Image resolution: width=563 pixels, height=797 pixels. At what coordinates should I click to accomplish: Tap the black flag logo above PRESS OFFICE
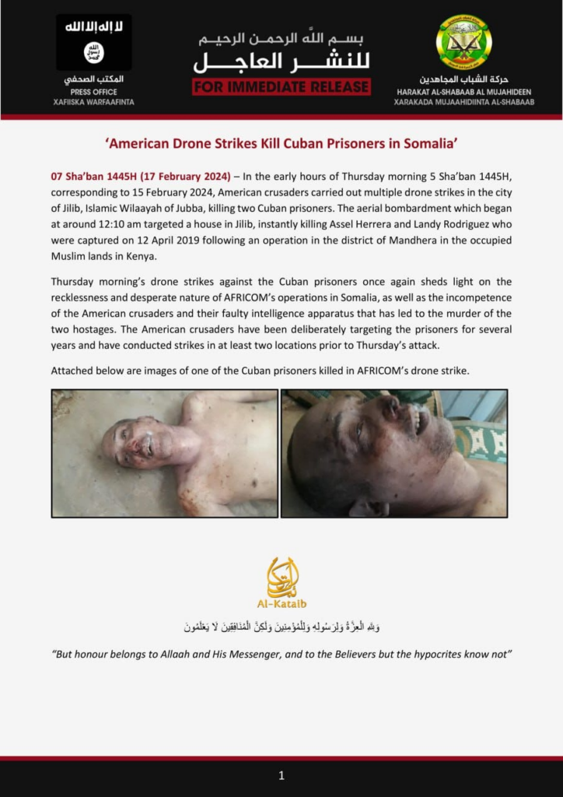click(93, 42)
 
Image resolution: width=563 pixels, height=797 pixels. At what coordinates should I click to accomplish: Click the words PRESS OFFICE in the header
click(93, 91)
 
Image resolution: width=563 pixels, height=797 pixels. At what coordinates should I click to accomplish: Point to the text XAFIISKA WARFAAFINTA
click(93, 102)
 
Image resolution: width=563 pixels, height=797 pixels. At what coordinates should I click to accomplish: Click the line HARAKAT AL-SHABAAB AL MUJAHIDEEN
click(464, 91)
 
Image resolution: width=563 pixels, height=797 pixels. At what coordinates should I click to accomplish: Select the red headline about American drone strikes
click(281, 144)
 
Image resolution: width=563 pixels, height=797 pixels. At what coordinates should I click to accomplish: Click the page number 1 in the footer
click(281, 775)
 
